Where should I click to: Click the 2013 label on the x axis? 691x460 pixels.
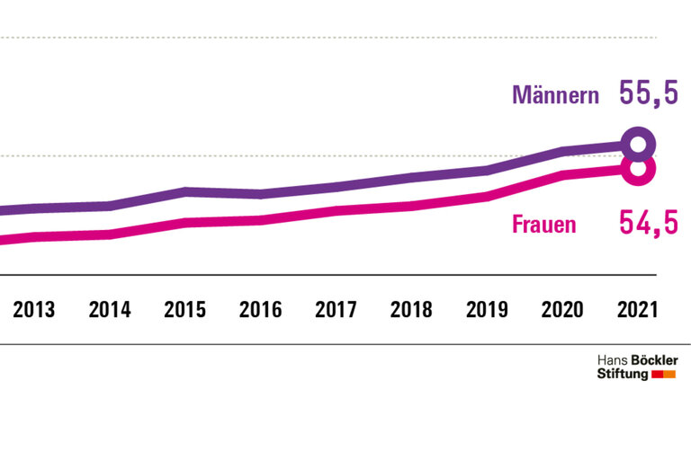pyautogui.click(x=34, y=310)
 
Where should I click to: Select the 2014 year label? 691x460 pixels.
pyautogui.click(x=110, y=310)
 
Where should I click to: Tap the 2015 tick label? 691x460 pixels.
pyautogui.click(x=185, y=310)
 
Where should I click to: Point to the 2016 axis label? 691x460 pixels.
pyautogui.click(x=260, y=310)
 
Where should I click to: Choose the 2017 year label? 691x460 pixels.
pyautogui.click(x=336, y=310)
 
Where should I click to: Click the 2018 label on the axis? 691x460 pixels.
pyautogui.click(x=411, y=310)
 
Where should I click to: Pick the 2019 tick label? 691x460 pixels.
pyautogui.click(x=487, y=310)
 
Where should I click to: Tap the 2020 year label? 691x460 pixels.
pyautogui.click(x=562, y=310)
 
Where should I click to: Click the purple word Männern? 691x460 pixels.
pyautogui.click(x=555, y=95)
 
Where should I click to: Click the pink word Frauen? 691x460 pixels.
pyautogui.click(x=543, y=225)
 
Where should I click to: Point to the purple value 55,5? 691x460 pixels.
pyautogui.click(x=648, y=93)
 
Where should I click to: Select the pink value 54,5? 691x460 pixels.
pyautogui.click(x=648, y=223)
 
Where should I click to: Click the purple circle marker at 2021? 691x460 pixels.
pyautogui.click(x=638, y=144)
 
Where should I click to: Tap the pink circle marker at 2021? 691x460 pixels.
pyautogui.click(x=638, y=168)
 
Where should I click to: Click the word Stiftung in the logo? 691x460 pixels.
pyautogui.click(x=623, y=374)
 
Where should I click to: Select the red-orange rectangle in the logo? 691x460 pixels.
pyautogui.click(x=663, y=374)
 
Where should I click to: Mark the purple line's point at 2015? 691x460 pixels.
pyautogui.click(x=185, y=190)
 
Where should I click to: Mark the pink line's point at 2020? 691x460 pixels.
pyautogui.click(x=562, y=175)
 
